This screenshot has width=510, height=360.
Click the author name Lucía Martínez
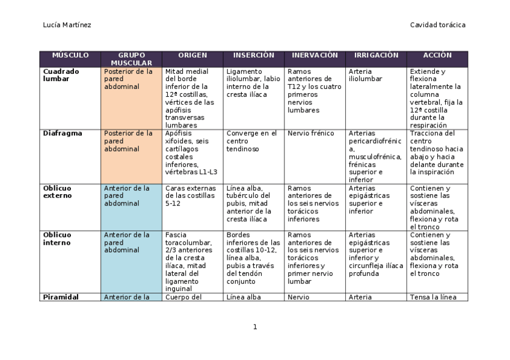click(67, 25)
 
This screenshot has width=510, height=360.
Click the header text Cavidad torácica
click(437, 25)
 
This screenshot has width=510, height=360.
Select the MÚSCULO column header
click(70, 55)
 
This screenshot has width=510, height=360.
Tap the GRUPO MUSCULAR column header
click(131, 59)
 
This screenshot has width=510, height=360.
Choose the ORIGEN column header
click(192, 55)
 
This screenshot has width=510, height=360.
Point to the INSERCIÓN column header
click(253, 55)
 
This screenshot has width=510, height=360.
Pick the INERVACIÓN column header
click(315, 55)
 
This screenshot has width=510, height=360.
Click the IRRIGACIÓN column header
click(376, 55)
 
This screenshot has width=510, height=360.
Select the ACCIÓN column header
click(437, 55)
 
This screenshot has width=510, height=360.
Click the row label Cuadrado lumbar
click(61, 75)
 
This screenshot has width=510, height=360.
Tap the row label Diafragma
click(62, 133)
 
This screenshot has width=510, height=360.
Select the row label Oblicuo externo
click(58, 192)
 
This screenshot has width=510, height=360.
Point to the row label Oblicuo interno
click(58, 239)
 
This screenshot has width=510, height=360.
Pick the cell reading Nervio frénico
click(310, 133)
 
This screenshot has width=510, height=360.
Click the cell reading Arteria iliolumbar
click(365, 75)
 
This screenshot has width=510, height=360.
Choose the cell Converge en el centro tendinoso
click(251, 141)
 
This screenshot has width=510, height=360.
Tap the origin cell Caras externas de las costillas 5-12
click(189, 195)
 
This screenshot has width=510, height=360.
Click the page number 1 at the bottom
click(255, 327)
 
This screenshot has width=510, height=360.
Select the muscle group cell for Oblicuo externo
click(128, 195)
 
